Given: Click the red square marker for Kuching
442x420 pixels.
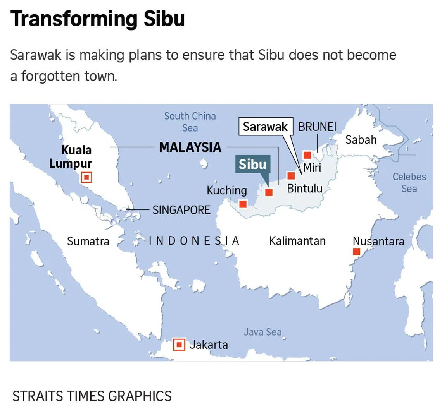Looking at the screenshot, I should pyautogui.click(x=243, y=204).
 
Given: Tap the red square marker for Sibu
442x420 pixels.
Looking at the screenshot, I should pyautogui.click(x=269, y=192).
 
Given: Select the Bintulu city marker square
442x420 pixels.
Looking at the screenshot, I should pyautogui.click(x=291, y=176).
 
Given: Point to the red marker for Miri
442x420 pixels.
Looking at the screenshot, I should pyautogui.click(x=307, y=155).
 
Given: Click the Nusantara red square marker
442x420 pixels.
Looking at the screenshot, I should pyautogui.click(x=357, y=252).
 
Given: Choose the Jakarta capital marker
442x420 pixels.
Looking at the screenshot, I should pyautogui.click(x=179, y=344).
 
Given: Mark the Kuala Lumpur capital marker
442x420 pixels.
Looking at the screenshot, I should pyautogui.click(x=86, y=177).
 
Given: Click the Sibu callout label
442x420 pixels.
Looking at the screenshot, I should pyautogui.click(x=252, y=165).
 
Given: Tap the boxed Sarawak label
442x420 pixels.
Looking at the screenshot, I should pyautogui.click(x=265, y=127).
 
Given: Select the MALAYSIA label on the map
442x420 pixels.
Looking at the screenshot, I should pyautogui.click(x=190, y=147).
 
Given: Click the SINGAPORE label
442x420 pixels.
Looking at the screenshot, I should pyautogui.click(x=181, y=210).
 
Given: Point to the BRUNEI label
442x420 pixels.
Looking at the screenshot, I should pyautogui.click(x=317, y=127).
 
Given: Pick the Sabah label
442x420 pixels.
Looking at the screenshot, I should pyautogui.click(x=361, y=139).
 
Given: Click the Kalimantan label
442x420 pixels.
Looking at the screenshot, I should pyautogui.click(x=297, y=241).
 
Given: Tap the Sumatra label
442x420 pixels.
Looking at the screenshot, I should pyautogui.click(x=88, y=241).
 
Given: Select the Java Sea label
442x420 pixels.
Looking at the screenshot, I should pyautogui.click(x=262, y=332).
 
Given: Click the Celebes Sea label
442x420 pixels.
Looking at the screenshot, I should pyautogui.click(x=409, y=182).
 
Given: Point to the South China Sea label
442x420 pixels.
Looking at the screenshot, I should pyautogui.click(x=190, y=122).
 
